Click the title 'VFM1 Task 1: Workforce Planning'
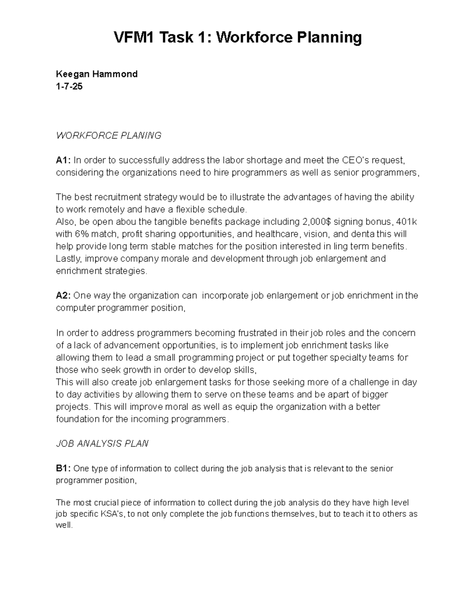tap(238, 38)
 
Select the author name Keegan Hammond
tap(97, 74)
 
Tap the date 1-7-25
tap(69, 86)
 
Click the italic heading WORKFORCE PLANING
tap(109, 136)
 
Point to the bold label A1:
tap(63, 160)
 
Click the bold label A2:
tap(63, 296)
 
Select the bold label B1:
tap(63, 469)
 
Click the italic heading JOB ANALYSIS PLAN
tap(102, 444)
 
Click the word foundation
tap(78, 419)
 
